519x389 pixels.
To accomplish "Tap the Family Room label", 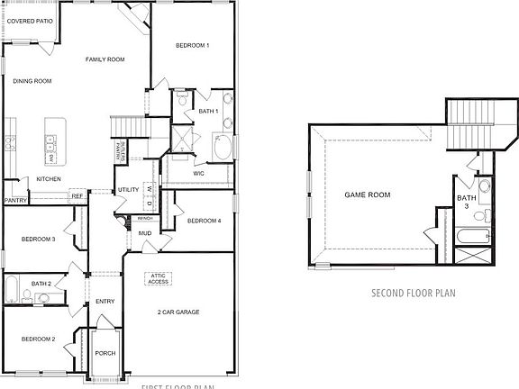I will click(x=105, y=59).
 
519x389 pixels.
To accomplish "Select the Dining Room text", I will click(x=32, y=81).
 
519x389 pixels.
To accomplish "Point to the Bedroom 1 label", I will click(x=192, y=45).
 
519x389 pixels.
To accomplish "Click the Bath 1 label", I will click(x=208, y=111).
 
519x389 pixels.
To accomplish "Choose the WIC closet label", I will click(x=198, y=173).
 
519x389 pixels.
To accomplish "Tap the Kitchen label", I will click(x=49, y=179).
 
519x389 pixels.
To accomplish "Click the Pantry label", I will click(x=15, y=201).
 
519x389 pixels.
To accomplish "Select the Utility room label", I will click(x=127, y=190).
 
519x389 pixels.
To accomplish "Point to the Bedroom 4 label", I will click(x=204, y=221).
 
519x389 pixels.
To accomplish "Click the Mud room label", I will click(x=144, y=233).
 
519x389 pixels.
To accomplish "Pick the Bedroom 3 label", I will click(x=39, y=239).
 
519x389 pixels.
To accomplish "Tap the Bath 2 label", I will click(x=41, y=283).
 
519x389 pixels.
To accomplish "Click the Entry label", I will click(x=105, y=302).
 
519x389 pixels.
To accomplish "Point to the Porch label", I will click(x=105, y=353).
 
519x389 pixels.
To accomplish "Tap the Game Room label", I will click(x=367, y=194).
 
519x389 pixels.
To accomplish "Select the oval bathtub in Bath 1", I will click(x=222, y=147).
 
